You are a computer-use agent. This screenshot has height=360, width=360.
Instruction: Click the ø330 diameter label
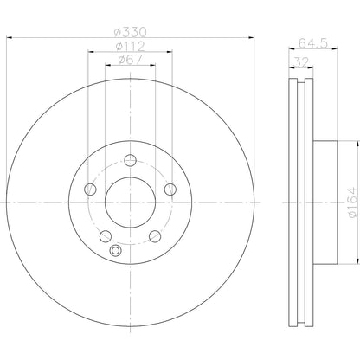(x=129, y=33)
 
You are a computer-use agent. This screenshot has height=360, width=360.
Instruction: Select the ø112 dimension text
(x=129, y=47)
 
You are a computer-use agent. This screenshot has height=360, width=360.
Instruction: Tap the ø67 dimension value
(x=129, y=61)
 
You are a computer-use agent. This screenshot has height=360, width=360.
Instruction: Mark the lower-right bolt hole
(x=155, y=237)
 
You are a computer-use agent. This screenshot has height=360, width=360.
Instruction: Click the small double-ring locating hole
(x=116, y=251)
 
